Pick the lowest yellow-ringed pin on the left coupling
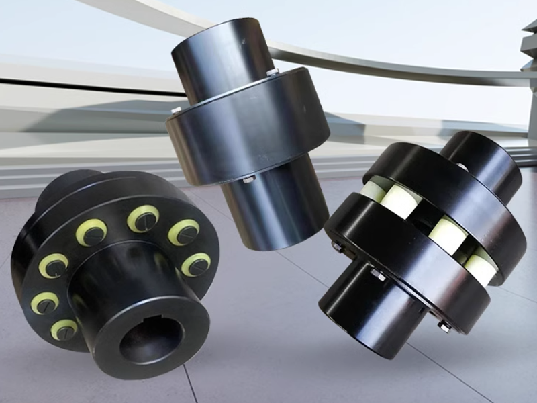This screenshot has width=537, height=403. click(x=64, y=329)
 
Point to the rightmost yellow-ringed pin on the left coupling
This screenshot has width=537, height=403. click(x=196, y=264)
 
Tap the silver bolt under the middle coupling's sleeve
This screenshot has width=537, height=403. click(x=248, y=179)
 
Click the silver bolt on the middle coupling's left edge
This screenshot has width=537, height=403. click(x=176, y=109)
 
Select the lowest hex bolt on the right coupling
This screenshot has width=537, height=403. click(x=444, y=326)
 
